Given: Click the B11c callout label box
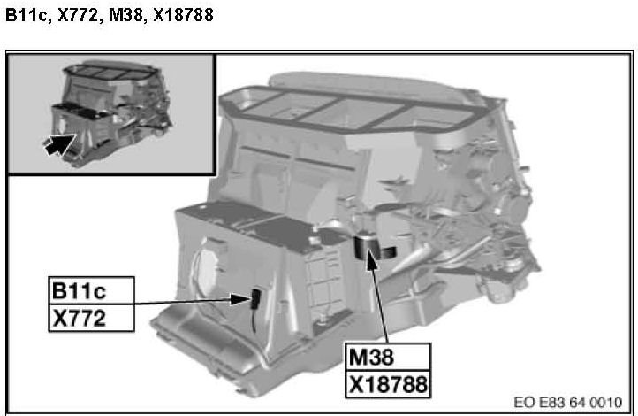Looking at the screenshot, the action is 91,290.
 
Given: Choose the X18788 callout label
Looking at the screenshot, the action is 388,384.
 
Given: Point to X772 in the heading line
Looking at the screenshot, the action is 78,15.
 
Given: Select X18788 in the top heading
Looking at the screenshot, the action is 184,15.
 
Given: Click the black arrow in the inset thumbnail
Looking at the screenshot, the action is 59,144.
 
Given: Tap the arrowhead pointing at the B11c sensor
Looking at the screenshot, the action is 240,299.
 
